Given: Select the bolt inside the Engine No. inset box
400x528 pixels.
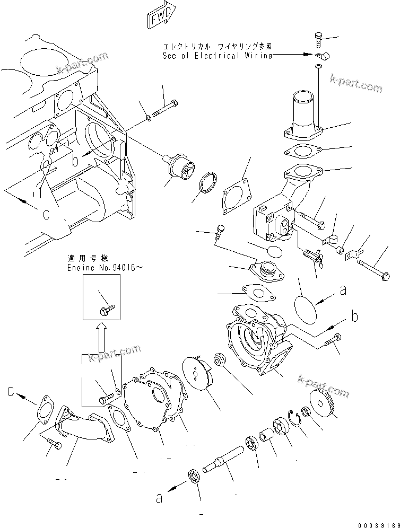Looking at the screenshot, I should point(108,307).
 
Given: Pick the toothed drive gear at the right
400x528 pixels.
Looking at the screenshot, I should point(325,403).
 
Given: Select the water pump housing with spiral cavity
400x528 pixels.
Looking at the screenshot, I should point(254,339).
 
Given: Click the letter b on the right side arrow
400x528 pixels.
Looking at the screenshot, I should point(355,317).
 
